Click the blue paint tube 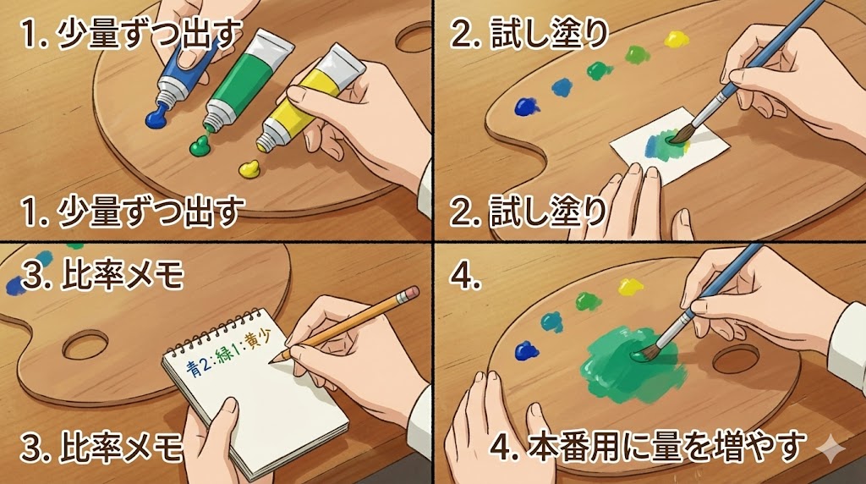click(186, 69)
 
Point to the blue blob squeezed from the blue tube click(159, 118)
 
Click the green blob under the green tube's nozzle click(202, 146)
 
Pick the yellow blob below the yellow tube click(249, 168)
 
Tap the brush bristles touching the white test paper click(679, 135)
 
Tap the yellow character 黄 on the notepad click(252, 341)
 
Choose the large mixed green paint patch click(629, 362)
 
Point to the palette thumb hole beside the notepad click(85, 345)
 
